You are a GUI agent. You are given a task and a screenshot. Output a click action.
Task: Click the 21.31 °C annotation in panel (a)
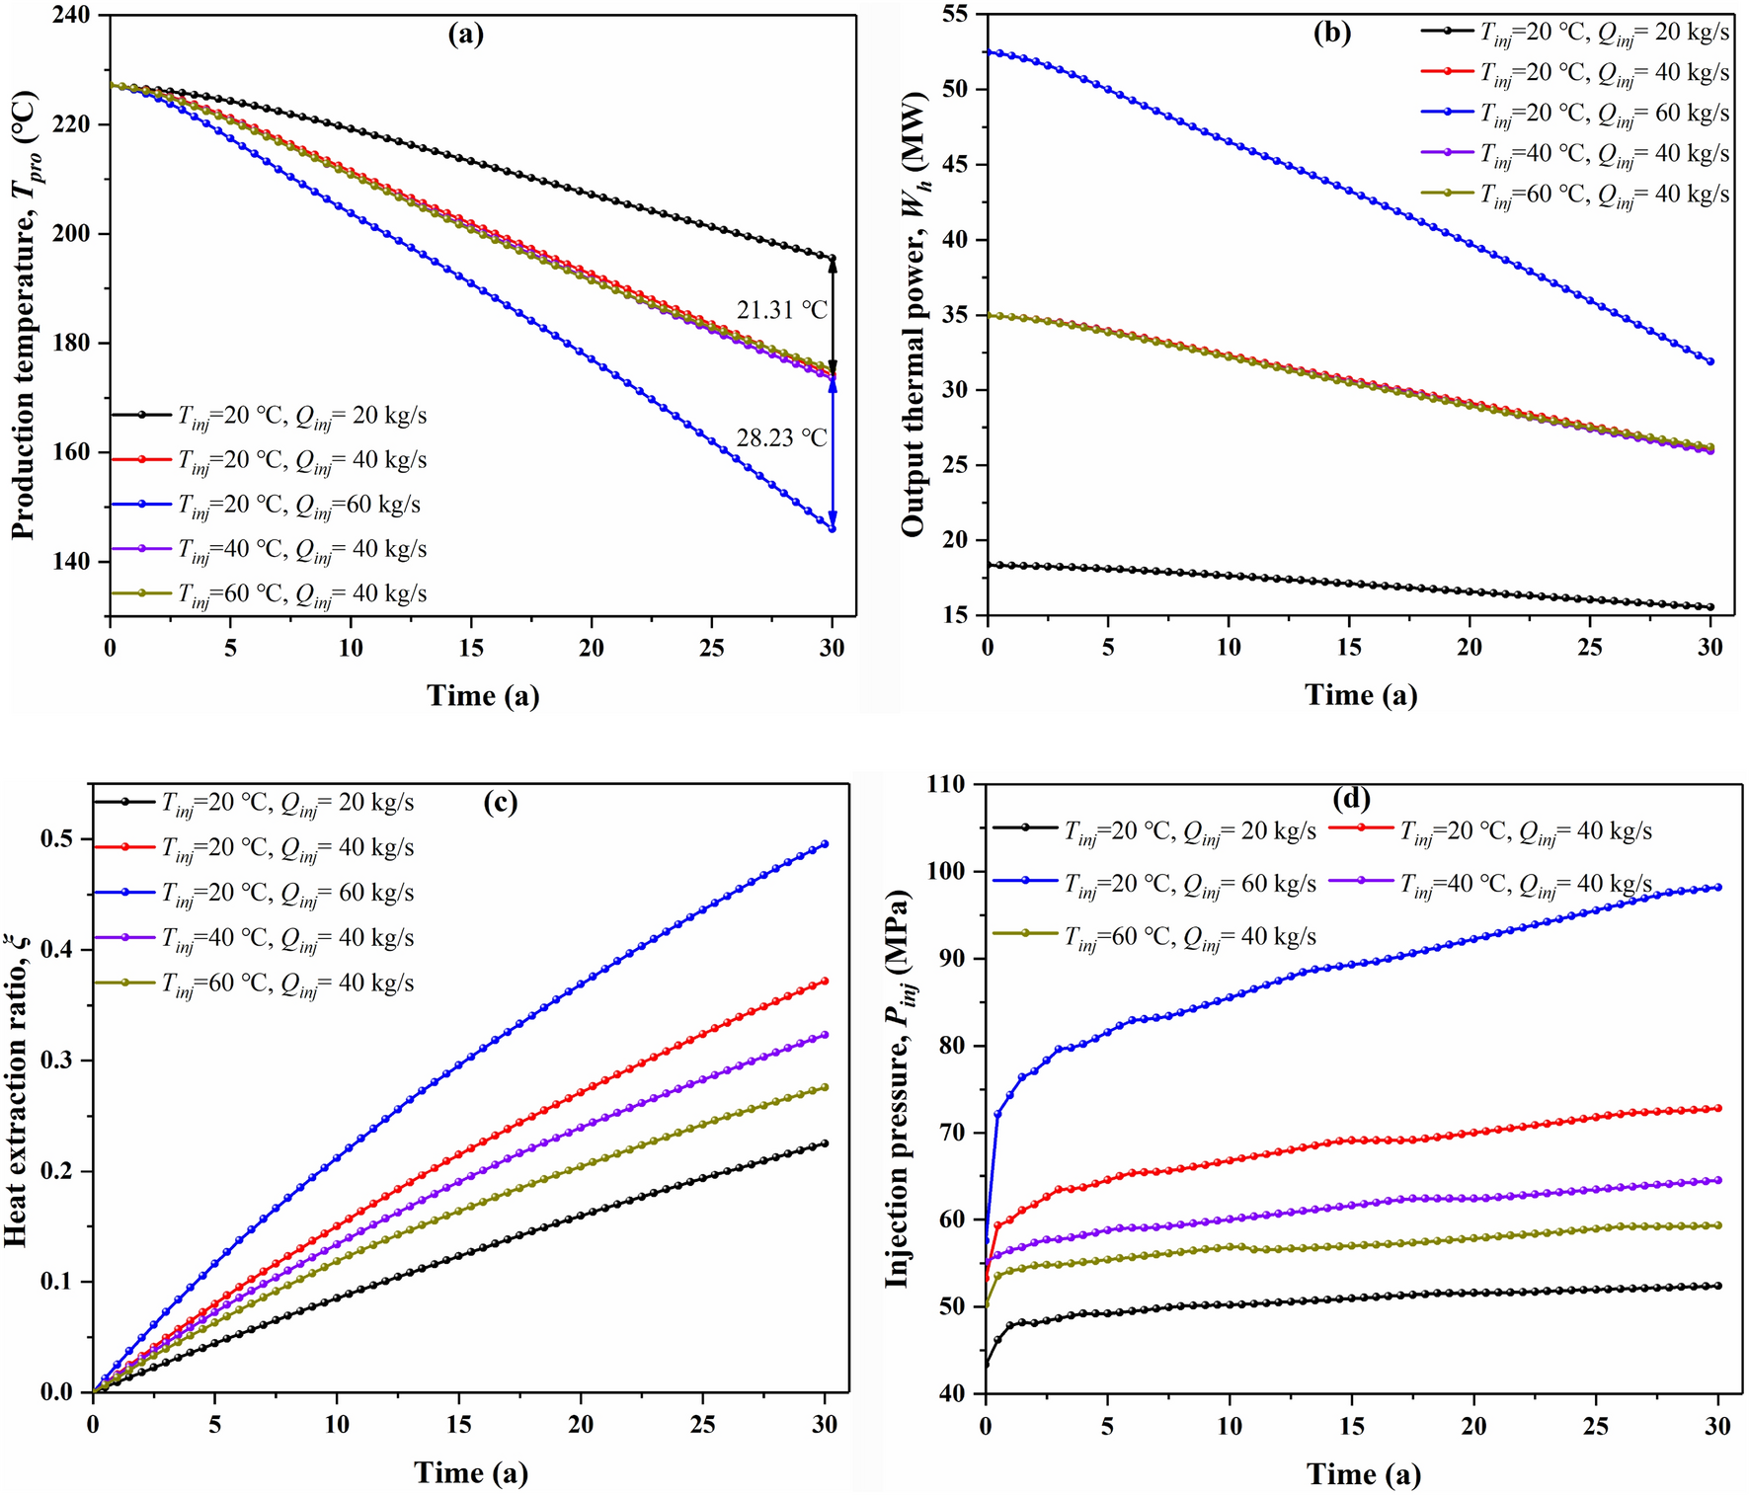[781, 310]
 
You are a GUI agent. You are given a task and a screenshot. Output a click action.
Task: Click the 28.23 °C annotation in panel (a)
[781, 437]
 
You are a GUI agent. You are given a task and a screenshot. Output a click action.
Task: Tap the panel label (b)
[1331, 34]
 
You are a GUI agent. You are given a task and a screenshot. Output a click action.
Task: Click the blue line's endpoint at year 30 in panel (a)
[833, 529]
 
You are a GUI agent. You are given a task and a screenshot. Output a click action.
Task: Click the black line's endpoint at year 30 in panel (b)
[1710, 607]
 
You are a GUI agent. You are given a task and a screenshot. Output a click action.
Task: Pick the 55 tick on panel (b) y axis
[954, 16]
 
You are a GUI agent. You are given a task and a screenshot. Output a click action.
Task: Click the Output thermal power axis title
[913, 314]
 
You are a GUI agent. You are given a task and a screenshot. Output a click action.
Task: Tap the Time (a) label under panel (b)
[1361, 695]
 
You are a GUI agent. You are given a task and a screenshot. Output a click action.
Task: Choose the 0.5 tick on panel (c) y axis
[58, 838]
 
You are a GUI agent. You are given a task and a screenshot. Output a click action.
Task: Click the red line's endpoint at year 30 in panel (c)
[825, 982]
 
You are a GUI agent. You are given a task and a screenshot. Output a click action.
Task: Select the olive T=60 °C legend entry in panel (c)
[286, 984]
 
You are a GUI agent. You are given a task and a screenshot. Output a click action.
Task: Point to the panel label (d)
[1351, 798]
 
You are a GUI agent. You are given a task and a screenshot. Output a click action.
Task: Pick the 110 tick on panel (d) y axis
[946, 784]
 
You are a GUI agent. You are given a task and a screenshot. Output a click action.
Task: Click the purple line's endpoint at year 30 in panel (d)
[1718, 1180]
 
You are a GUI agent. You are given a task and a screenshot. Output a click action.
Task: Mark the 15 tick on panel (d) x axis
[1351, 1427]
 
